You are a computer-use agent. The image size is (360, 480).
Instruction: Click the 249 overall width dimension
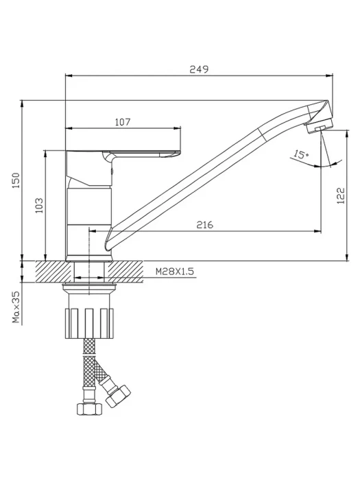pos(199,69)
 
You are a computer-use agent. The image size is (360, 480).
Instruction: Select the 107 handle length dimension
pos(123,122)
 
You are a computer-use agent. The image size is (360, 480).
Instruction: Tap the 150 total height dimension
pos(16,180)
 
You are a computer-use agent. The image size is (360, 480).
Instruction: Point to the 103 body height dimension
pos(39,206)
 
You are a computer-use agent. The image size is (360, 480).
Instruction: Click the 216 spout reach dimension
pos(204,225)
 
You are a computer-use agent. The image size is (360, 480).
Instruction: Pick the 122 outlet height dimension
pos(340,195)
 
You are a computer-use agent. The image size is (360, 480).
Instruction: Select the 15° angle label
pos(301,154)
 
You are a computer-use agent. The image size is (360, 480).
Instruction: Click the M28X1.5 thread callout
pos(175,272)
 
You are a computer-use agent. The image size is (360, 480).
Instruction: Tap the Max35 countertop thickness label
pos(16,307)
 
